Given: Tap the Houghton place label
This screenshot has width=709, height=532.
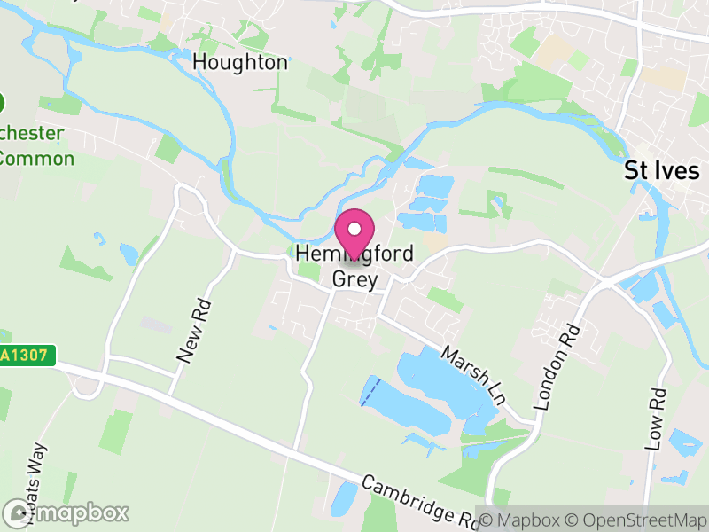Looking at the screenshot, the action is coord(240,62).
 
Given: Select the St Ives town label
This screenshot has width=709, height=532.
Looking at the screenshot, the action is coord(661,171).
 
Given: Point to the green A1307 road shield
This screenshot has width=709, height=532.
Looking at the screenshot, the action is coord(28,356).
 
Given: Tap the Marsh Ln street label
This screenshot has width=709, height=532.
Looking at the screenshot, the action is coord(471,374).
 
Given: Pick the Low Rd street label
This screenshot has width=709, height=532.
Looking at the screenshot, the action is coord(656,418).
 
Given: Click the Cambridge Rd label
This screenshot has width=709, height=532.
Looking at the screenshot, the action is coord(420,501).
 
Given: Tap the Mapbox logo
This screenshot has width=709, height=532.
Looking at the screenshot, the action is coord(66,512).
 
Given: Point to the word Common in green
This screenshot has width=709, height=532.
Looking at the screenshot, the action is coord(35,159).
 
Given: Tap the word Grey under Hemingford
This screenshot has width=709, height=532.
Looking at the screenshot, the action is coord(354,279).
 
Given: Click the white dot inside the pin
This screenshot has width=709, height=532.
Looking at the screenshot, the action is coord(354,229).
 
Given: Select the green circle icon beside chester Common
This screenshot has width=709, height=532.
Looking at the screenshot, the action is coord(2,102).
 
